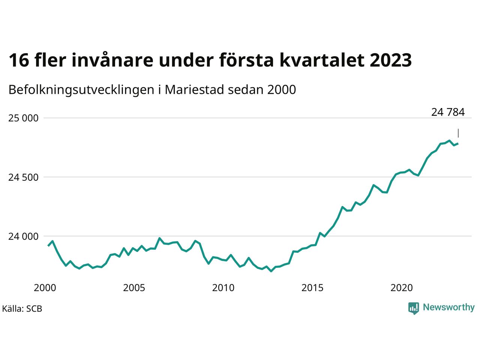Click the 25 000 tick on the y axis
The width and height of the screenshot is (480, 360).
click(x=23, y=118)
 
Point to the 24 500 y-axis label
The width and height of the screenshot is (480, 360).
click(x=23, y=177)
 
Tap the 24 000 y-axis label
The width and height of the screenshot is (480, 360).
click(x=23, y=237)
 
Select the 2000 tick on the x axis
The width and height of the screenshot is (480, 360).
click(x=45, y=288)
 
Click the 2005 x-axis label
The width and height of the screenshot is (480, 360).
click(x=134, y=288)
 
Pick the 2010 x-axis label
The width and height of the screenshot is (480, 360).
click(x=223, y=288)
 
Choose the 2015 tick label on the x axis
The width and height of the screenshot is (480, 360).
click(x=312, y=288)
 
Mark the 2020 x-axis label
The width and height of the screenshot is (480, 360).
click(x=402, y=288)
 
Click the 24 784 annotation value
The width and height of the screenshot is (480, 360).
click(x=448, y=112)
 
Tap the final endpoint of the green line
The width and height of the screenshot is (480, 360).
click(x=458, y=143)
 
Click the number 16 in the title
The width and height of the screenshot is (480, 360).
click(x=18, y=60)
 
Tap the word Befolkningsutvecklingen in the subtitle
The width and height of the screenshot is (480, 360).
click(x=80, y=90)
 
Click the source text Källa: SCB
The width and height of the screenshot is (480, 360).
click(x=22, y=309)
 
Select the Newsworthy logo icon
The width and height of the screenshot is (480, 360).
click(x=414, y=308)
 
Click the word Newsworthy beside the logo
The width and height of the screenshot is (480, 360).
click(x=448, y=307)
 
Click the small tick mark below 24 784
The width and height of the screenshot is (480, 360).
click(x=458, y=133)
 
